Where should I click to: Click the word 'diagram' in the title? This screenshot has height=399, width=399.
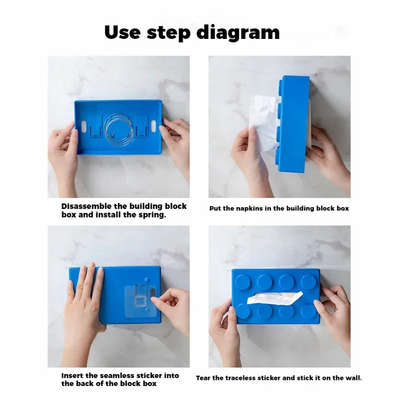pyautogui.click(x=238, y=33)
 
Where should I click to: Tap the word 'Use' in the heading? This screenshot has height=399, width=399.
pyautogui.click(x=122, y=32)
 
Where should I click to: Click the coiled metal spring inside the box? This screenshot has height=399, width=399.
pyautogui.click(x=119, y=128)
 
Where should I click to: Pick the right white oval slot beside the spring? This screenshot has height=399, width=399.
pyautogui.click(x=154, y=126)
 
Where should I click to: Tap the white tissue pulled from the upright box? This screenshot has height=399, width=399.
pyautogui.click(x=263, y=122)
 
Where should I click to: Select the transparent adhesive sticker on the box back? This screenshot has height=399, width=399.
pyautogui.click(x=140, y=301)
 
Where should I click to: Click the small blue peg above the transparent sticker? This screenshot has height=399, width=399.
pyautogui.click(x=146, y=280)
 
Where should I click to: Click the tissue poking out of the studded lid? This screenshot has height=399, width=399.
pyautogui.click(x=275, y=298)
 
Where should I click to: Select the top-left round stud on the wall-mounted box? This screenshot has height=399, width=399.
pyautogui.click(x=243, y=282)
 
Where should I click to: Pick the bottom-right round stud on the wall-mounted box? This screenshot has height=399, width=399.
pyautogui.click(x=309, y=311)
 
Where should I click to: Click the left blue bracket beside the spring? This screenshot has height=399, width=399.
pyautogui.click(x=95, y=127)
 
